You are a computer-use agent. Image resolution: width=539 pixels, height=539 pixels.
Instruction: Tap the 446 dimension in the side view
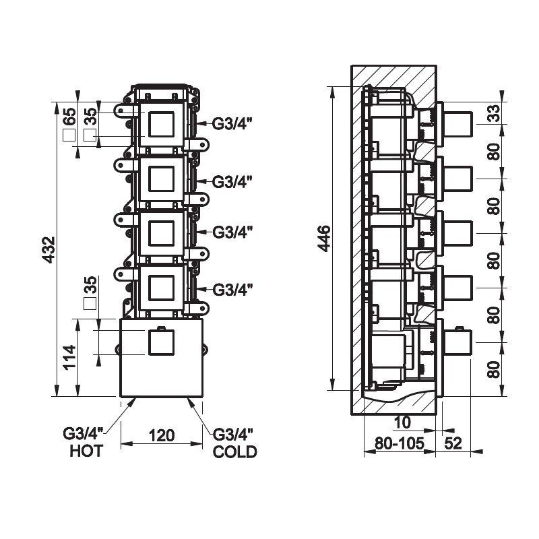[324, 238]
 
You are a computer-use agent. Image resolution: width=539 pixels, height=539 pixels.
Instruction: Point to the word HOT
[86, 452]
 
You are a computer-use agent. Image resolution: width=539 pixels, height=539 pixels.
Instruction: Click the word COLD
[234, 452]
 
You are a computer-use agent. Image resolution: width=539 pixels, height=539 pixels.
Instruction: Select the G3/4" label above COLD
[232, 434]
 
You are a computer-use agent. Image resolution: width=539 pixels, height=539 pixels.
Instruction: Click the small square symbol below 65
[68, 135]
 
